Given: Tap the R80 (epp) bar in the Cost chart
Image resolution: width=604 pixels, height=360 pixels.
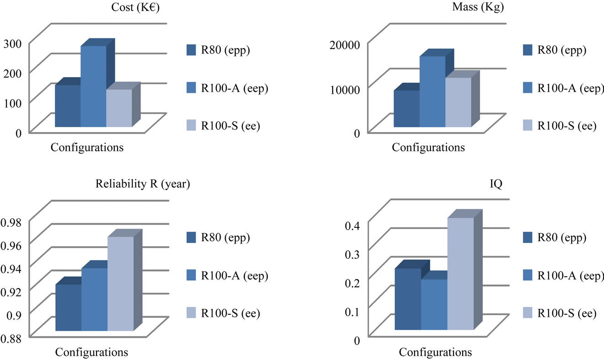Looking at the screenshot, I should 68,106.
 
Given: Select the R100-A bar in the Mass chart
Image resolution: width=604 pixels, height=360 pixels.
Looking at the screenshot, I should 432,91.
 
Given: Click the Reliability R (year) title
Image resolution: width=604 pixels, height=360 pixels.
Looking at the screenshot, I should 143,184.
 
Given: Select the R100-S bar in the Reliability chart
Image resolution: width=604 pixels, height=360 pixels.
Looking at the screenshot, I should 120,284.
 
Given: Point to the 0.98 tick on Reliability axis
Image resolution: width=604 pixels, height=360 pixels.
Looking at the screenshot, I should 15,222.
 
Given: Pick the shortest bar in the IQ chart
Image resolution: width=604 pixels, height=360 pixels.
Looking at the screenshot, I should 434,304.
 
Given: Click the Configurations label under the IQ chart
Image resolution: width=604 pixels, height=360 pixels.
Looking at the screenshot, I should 435,353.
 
